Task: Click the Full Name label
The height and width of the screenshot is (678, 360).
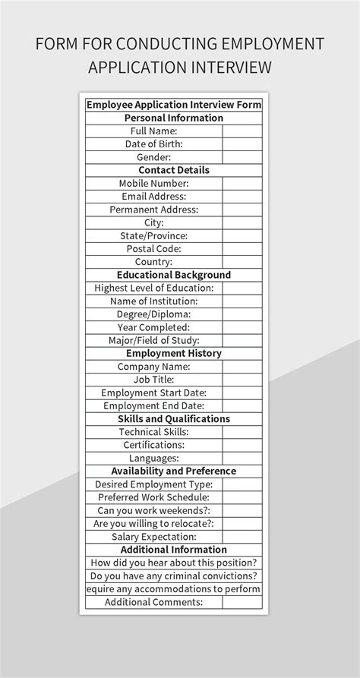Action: click(x=153, y=131)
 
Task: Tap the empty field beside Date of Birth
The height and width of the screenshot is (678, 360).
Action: click(x=242, y=143)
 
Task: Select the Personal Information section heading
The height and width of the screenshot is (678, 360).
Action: click(x=174, y=118)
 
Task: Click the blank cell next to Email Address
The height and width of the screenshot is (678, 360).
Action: click(x=242, y=196)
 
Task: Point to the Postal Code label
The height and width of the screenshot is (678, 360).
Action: click(x=153, y=248)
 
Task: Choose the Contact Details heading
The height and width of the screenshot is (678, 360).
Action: click(x=174, y=170)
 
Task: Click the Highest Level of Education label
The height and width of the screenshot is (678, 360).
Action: click(x=153, y=288)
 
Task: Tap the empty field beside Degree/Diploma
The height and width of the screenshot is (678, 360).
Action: click(x=242, y=314)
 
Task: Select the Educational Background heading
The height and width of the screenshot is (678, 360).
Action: click(x=174, y=275)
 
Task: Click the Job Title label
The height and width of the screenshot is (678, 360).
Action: click(x=153, y=379)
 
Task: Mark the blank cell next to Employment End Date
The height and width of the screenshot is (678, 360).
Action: click(x=242, y=405)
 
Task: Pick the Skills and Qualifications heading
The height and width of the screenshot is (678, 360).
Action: click(x=174, y=418)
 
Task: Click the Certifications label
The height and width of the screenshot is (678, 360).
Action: click(x=153, y=444)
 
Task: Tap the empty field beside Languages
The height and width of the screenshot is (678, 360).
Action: click(x=242, y=458)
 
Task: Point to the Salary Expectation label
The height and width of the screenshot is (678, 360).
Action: click(x=153, y=536)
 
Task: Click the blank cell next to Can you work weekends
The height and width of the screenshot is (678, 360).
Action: click(x=242, y=510)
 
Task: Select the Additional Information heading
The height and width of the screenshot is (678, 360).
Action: click(x=174, y=549)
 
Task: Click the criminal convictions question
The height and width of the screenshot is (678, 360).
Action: click(x=174, y=576)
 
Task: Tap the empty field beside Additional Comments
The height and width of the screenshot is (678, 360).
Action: click(x=242, y=602)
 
